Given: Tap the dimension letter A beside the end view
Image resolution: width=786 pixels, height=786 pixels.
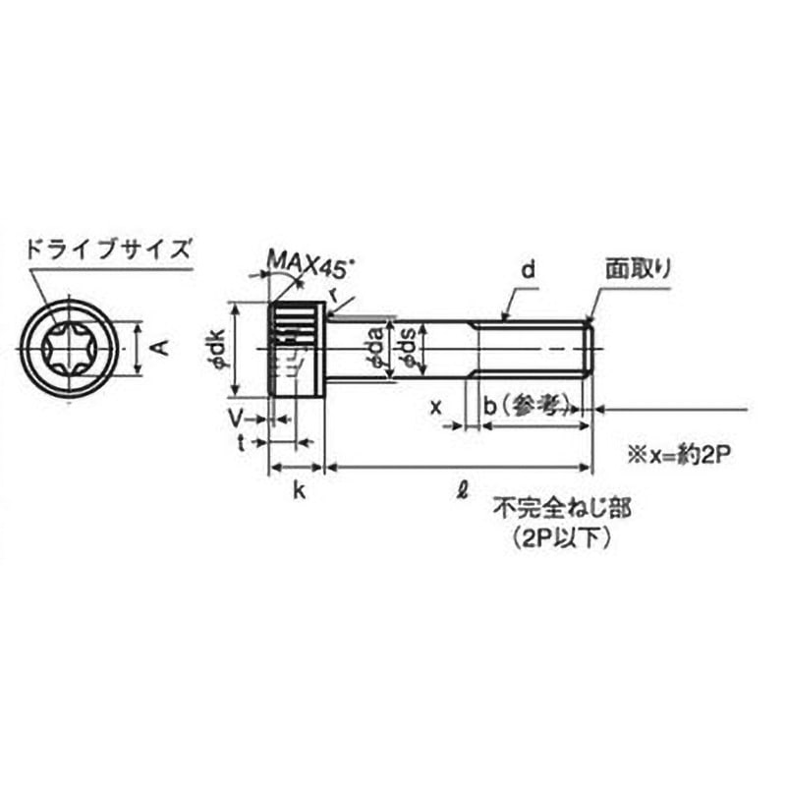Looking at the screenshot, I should click(x=162, y=347).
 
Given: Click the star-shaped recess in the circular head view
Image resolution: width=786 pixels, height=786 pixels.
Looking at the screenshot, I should click(x=68, y=348).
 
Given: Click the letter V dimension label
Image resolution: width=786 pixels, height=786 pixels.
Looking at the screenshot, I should click(x=235, y=419).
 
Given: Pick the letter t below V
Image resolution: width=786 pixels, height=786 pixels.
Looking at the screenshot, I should click(x=240, y=442).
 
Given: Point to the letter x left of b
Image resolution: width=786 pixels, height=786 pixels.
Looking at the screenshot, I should click(x=436, y=404).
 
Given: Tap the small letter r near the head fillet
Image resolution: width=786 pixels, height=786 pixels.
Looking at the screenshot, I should click(x=337, y=294).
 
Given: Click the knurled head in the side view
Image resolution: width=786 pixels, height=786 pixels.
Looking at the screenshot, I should click(x=297, y=349).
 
